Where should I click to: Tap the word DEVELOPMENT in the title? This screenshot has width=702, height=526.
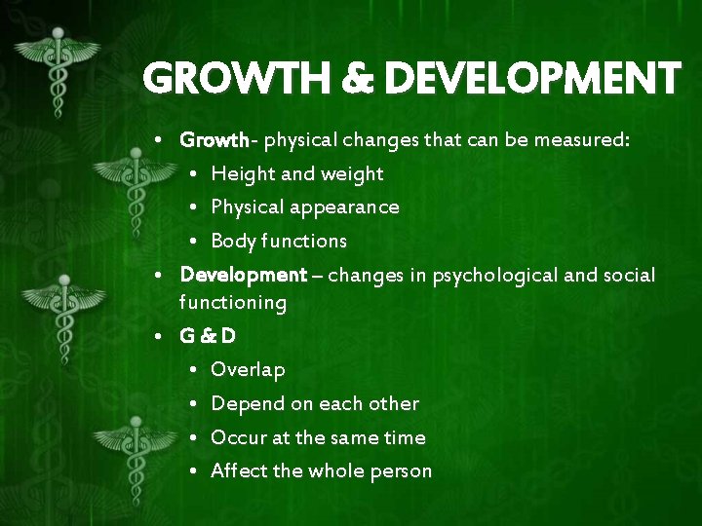tap(532, 78)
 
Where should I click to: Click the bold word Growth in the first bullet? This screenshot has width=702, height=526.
tap(214, 140)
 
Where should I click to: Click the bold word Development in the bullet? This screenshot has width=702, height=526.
tap(243, 276)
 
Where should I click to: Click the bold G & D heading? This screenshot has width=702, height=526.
tap(208, 337)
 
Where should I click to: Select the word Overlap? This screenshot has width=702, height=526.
tap(248, 370)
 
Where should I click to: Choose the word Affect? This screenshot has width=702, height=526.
tap(239, 470)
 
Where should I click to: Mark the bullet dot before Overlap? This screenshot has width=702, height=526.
tap(195, 370)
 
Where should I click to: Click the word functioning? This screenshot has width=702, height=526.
tap(233, 303)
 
